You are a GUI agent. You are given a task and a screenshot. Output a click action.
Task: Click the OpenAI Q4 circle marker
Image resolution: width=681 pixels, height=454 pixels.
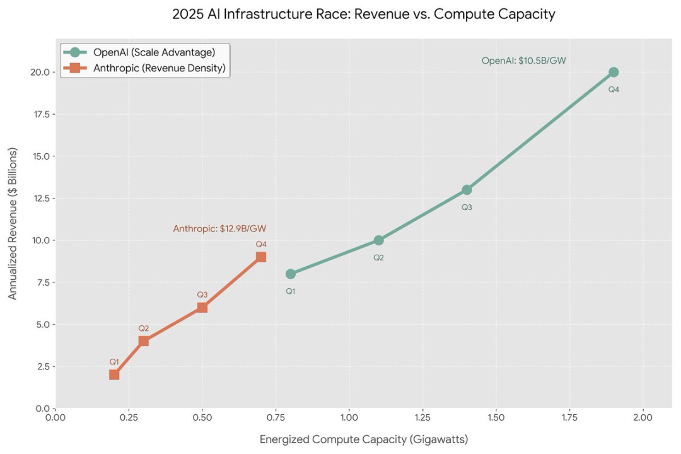pyautogui.click(x=614, y=72)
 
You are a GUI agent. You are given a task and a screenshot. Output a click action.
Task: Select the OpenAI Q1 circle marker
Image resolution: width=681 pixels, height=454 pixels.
pyautogui.click(x=290, y=274)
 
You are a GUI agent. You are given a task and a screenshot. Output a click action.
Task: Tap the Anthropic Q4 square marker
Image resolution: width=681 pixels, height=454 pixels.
pyautogui.click(x=261, y=257)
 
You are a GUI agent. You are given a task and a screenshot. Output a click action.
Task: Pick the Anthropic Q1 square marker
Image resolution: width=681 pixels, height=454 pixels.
pyautogui.click(x=114, y=375)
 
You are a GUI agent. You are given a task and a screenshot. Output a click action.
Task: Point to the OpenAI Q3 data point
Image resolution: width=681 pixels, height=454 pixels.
pyautogui.click(x=467, y=190)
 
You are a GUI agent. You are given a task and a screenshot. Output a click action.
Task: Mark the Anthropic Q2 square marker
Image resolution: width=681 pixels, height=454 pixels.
pyautogui.click(x=144, y=341)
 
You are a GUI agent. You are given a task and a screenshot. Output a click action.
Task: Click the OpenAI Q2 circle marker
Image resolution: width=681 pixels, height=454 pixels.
pyautogui.click(x=378, y=240)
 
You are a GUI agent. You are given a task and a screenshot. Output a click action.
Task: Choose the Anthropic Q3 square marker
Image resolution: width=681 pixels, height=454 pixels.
pyautogui.click(x=202, y=307)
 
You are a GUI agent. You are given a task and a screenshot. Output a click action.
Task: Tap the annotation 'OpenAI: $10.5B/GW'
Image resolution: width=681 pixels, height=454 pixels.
pyautogui.click(x=524, y=61)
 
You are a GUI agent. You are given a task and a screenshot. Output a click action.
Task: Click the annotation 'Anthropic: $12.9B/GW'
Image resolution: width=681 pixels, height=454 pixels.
pyautogui.click(x=224, y=229)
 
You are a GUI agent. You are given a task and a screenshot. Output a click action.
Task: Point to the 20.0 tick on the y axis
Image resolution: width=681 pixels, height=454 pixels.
pyautogui.click(x=40, y=72)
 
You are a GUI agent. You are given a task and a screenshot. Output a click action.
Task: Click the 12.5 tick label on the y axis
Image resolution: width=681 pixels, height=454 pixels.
pyautogui.click(x=40, y=198)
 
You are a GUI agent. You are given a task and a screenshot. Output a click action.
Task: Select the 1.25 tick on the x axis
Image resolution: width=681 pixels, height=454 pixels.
pyautogui.click(x=422, y=417)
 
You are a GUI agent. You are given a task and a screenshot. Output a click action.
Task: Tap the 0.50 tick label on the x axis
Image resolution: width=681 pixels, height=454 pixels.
pyautogui.click(x=202, y=417)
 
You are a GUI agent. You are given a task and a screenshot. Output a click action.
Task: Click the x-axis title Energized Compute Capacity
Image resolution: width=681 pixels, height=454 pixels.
pyautogui.click(x=364, y=439)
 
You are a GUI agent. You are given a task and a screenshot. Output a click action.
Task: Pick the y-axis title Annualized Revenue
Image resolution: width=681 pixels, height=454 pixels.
pyautogui.click(x=13, y=223)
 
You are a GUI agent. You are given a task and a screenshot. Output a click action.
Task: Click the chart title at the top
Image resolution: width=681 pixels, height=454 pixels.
pyautogui.click(x=364, y=15)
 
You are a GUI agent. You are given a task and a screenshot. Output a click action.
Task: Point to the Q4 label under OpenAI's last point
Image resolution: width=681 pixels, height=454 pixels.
pyautogui.click(x=614, y=90)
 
